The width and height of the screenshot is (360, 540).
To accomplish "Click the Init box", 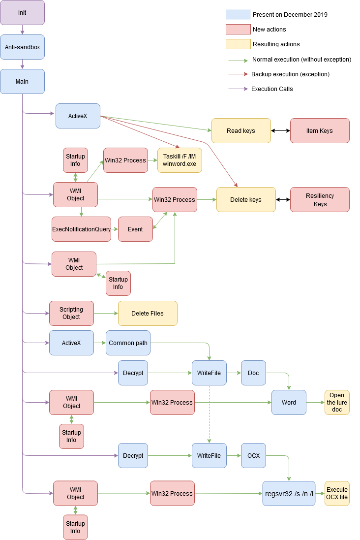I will pos(22,12).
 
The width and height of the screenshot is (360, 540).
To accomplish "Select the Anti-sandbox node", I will pos(22,47).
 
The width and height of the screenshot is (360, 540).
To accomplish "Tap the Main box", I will pos(22,81).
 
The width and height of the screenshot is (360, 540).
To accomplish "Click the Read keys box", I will pos(241,131).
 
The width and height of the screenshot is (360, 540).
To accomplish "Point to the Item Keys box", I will pos(320,131).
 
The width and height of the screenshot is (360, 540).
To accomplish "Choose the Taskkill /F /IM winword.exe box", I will pos(180,160).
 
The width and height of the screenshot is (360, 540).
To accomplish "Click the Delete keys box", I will pos(246,200).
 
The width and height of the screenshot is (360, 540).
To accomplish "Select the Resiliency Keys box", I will pos(320,200).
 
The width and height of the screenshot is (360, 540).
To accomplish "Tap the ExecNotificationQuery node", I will pos(82,229).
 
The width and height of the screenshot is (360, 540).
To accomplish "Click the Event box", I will pos(135,229).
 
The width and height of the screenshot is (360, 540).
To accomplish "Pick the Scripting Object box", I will pos(71,313).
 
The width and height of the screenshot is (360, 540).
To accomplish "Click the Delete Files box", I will pos(148,313).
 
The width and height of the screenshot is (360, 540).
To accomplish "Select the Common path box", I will pos(128,343).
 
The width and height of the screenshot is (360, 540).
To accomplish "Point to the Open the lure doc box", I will pos(337,402).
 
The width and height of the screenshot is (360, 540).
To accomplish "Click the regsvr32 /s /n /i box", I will pos(289,493).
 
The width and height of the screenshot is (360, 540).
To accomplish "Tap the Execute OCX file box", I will pos(337,493).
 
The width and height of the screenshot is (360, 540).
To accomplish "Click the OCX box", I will pos(253,456).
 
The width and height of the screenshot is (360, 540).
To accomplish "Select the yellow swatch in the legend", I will pos(238,44).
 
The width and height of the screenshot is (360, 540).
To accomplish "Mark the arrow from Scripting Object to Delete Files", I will pos(106,313).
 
